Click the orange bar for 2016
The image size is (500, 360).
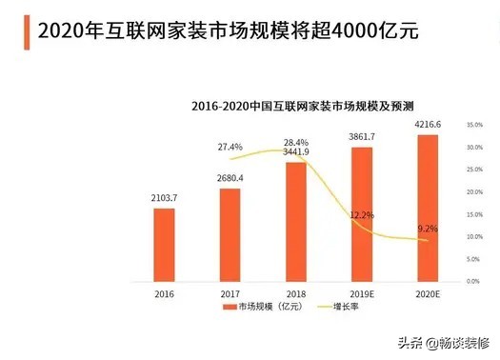point(165,244)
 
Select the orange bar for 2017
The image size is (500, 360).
point(230,234)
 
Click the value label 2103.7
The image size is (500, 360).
point(165,198)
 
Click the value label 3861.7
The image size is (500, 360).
point(362,138)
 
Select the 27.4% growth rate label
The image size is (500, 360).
point(230,147)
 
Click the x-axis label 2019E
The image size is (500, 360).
point(362,294)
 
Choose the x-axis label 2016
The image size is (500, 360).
point(165,294)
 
